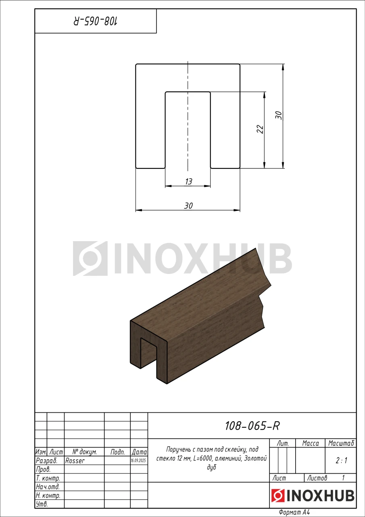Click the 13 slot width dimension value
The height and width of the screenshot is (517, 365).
tap(188, 182)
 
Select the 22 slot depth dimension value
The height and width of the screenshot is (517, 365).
tap(260, 129)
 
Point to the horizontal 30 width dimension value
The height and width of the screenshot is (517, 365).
tap(188, 206)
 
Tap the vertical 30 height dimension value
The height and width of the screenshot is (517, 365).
tap(279, 115)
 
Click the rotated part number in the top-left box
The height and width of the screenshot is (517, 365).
tap(96, 21)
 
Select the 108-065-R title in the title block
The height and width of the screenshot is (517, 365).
tap(252, 426)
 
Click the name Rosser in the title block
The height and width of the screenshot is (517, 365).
tap(75, 461)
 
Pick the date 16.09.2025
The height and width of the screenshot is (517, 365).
tap(138, 461)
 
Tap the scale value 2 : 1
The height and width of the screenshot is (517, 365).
tap(341, 461)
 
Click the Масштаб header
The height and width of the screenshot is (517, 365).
tap(341, 443)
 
